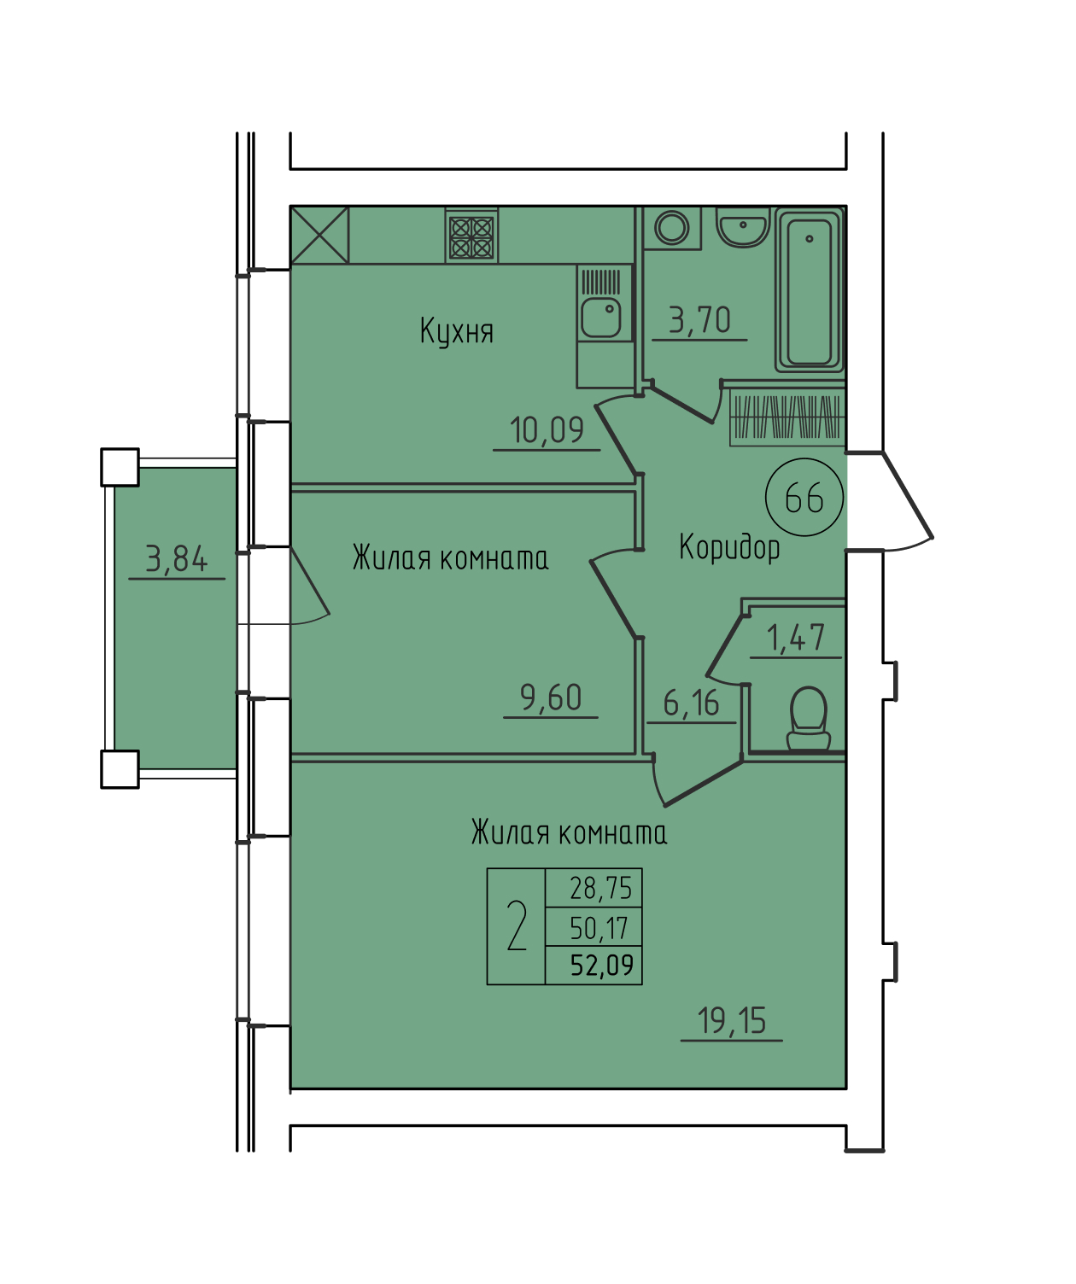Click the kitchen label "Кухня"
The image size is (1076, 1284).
coord(457,332)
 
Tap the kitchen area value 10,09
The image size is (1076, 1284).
coord(547,430)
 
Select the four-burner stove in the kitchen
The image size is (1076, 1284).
coord(472,236)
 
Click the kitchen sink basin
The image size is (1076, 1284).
coord(601,317)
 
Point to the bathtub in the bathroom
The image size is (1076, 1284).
coord(810,290)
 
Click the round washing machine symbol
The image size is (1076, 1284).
coord(672,228)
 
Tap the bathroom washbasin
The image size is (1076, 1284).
coord(743,227)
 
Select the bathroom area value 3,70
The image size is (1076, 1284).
coord(699,320)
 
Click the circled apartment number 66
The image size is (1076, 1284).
coord(804,497)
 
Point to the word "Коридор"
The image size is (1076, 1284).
coord(729,546)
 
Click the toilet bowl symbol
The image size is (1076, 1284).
coord(809,718)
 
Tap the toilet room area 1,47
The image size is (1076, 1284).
coord(795,638)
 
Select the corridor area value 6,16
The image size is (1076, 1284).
coord(691,703)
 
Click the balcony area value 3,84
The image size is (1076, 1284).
coord(177,559)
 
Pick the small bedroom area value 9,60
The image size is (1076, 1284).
coord(551,698)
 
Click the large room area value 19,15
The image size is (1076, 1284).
coord(732,1021)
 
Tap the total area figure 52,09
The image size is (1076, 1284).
coord(602,965)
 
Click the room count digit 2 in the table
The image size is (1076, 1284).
coord(516,926)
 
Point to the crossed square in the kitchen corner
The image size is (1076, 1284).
coord(320,236)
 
